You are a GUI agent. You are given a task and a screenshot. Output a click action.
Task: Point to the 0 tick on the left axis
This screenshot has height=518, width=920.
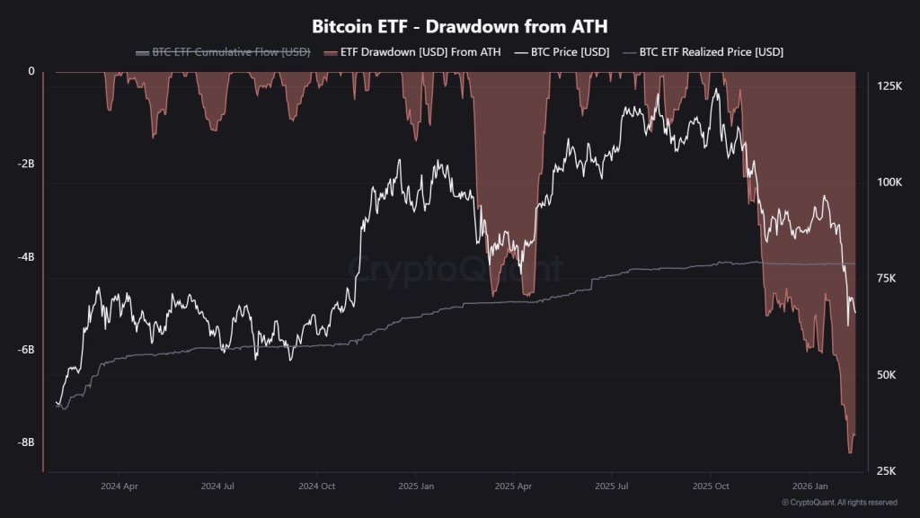tap(31, 72)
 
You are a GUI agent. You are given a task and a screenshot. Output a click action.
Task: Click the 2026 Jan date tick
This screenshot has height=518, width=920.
tap(809, 486)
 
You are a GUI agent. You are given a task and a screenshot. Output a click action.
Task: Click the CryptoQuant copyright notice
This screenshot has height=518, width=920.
tap(839, 503)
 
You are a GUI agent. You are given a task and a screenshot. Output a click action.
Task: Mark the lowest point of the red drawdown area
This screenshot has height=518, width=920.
tap(850, 453)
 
